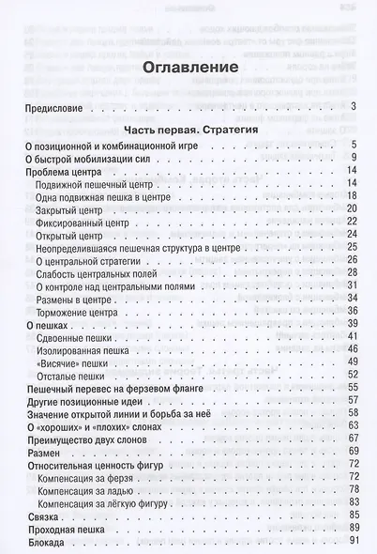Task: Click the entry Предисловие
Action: tap(53, 111)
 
